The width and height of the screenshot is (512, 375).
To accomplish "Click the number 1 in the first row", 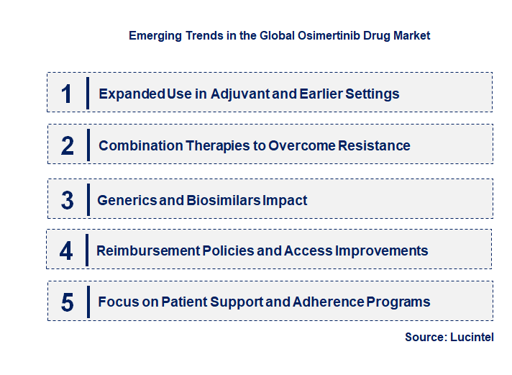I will coord(67,94).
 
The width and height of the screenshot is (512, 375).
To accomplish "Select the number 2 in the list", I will coord(67,145).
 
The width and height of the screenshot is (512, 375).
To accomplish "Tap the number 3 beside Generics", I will coord(67,200).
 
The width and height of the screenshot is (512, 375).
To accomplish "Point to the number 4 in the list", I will coord(66,250).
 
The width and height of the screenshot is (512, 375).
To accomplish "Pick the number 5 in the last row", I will coord(67,302).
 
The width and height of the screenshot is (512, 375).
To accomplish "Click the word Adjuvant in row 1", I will coord(241,94).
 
